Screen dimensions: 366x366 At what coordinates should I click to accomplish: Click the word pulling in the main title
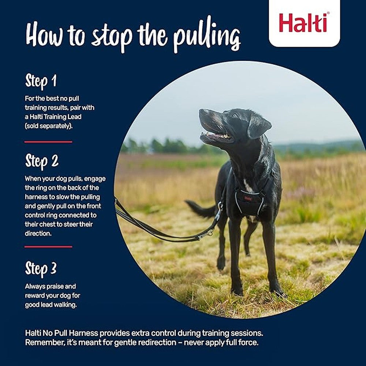pyautogui.click(x=207, y=37)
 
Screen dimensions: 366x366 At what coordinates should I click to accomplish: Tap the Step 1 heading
pyautogui.click(x=41, y=82)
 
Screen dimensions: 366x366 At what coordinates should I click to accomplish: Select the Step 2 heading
pyautogui.click(x=42, y=161)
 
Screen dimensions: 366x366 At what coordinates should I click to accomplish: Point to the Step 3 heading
pyautogui.click(x=41, y=269)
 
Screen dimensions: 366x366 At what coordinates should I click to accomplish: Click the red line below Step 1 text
pyautogui.click(x=48, y=142)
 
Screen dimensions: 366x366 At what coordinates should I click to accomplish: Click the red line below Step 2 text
pyautogui.click(x=48, y=247)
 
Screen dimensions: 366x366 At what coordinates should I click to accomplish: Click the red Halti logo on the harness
pyautogui.click(x=248, y=199)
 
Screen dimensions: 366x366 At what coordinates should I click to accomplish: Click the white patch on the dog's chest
pyautogui.click(x=248, y=186)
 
